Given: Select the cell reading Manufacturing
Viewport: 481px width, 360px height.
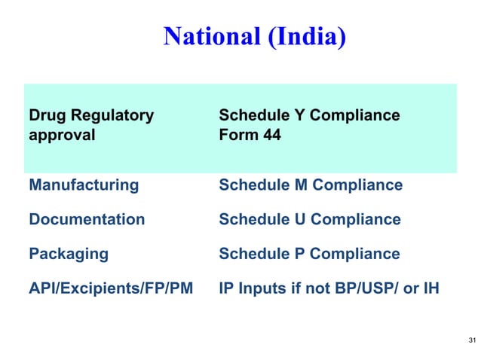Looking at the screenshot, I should pos(84,185).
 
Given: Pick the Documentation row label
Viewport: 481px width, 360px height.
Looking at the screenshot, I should pos(87,219).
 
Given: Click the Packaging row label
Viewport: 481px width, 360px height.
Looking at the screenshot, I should pos(69,254).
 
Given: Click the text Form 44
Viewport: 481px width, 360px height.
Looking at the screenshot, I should pos(249,136).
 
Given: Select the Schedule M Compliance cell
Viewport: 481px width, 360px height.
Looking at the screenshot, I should pos(311,185).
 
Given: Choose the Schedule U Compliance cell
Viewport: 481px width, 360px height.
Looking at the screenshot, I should pos(309,219).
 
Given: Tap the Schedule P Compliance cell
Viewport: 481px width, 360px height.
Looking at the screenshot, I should pos(309,254).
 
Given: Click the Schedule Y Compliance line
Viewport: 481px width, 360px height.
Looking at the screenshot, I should pos(309,116).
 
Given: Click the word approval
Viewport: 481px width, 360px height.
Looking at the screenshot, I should pos(63,136).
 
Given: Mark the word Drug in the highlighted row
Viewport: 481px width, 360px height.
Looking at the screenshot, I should pos(44,116).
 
